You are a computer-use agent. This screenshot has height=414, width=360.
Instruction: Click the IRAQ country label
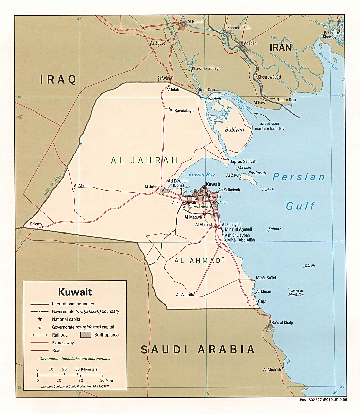pyautogui.click(x=58, y=80)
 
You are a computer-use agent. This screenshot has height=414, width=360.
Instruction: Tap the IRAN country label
pyautogui.click(x=281, y=48)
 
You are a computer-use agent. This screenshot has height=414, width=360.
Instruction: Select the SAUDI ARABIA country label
pyautogui.click(x=198, y=349)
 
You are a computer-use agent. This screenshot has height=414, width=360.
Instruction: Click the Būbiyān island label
pyautogui.click(x=234, y=130)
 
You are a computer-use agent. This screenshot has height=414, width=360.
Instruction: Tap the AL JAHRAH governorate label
pyautogui.click(x=144, y=160)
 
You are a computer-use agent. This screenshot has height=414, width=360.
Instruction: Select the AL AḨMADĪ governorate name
pyautogui.click(x=199, y=261)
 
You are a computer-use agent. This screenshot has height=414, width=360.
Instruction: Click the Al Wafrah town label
pyautogui.click(x=184, y=295)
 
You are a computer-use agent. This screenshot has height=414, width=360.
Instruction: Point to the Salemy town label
pyautogui.click(x=36, y=224)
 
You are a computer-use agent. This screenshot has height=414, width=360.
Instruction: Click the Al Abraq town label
pyautogui.click(x=81, y=186)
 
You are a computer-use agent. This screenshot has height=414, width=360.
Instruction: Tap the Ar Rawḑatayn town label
pyautogui.click(x=181, y=111)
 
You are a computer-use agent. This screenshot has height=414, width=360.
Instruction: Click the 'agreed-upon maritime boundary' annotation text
pyautogui.click(x=272, y=126)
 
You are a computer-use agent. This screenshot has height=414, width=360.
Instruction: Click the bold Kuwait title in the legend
pyautogui.click(x=75, y=292)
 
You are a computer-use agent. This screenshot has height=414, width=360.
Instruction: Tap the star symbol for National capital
pyautogui.click(x=40, y=319)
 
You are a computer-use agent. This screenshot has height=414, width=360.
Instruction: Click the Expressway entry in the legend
pyautogui.click(x=63, y=343)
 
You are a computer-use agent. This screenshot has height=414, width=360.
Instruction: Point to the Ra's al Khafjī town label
pyautogui.click(x=282, y=322)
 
